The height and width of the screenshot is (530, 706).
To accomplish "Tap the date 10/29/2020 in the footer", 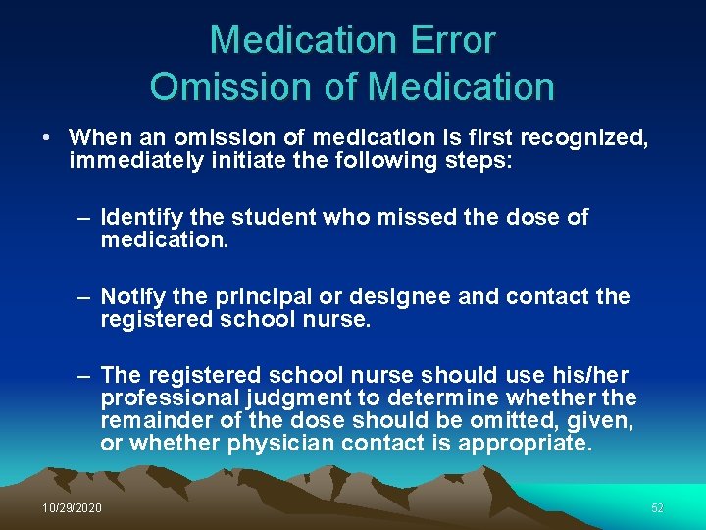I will pos(72,507).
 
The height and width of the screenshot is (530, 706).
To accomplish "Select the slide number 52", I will pos(657,507).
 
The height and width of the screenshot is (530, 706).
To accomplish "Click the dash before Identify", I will pos(85,217).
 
